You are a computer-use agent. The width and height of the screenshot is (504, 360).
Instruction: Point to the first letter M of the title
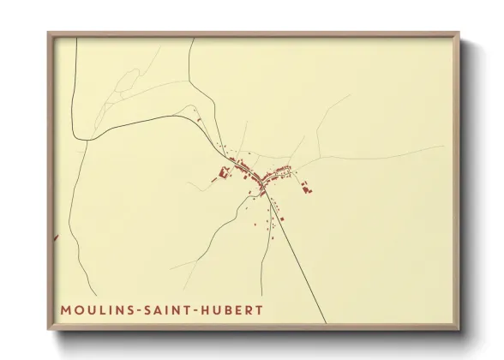pyautogui.click(x=65, y=309)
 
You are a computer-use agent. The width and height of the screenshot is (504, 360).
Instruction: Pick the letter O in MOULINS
pyautogui.click(x=76, y=309)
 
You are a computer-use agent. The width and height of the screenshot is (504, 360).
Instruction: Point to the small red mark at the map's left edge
pyautogui.click(x=56, y=237)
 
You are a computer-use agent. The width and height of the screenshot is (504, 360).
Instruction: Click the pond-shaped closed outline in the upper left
pyautogui.click(x=125, y=82)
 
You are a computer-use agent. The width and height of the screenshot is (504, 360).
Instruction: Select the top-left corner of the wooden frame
pyautogui.click(x=50, y=34)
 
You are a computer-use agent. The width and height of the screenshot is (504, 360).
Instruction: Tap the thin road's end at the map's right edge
pyautogui.click(x=443, y=147)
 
